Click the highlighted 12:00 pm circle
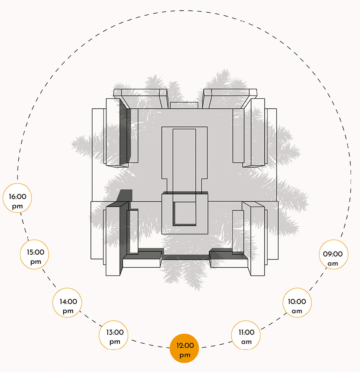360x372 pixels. [184, 348]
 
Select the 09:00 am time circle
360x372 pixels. [333, 254]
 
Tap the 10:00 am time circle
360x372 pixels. [297, 303]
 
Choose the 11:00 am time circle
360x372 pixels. [246, 335]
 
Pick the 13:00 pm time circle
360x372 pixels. [113, 335]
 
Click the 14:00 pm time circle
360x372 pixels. [67, 303]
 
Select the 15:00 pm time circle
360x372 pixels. [34, 254]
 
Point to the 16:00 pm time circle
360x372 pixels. [17, 198]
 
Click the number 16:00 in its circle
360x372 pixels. [18, 196]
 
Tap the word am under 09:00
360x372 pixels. [333, 264]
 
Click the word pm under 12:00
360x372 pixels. [185, 355]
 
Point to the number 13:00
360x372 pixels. [115, 332]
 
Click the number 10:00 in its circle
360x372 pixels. [297, 301]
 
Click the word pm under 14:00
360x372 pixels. [68, 311]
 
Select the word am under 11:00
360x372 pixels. [246, 342]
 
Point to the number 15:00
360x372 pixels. [36, 252]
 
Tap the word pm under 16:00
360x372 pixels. [17, 206]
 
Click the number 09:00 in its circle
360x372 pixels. [333, 254]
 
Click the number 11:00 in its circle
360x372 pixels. [246, 332]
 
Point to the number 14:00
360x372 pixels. [68, 301]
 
